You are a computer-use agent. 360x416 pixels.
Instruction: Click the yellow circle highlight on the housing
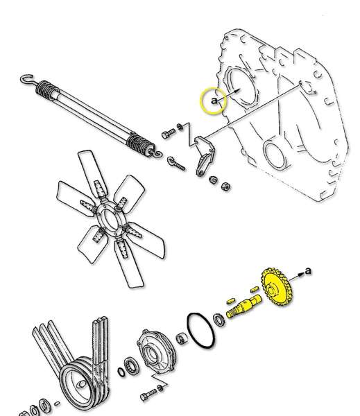click(x=212, y=101)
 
